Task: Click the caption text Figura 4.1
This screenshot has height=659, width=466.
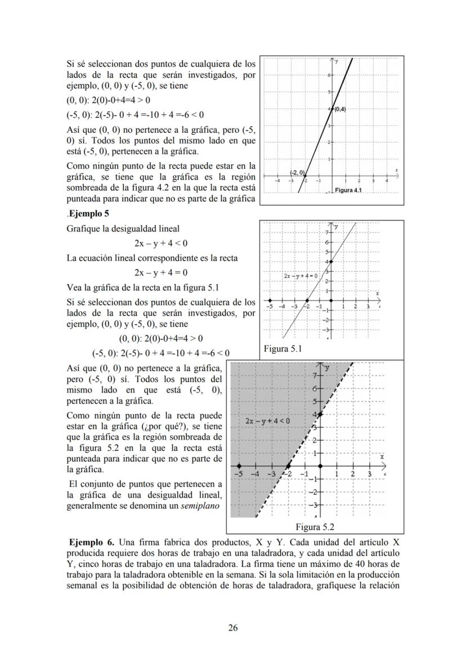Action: [347, 190]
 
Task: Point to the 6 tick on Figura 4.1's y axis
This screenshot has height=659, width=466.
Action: [328, 75]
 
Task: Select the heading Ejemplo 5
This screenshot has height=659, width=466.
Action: [89, 213]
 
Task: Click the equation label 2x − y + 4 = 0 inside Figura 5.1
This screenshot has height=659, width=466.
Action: [301, 276]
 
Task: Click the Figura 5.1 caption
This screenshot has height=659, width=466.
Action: [283, 349]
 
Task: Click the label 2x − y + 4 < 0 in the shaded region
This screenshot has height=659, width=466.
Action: [267, 420]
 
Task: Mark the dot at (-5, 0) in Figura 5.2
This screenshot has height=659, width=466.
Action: [239, 466]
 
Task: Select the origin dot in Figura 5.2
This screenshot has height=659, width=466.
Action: [320, 466]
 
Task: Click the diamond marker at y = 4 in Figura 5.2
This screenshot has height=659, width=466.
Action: [320, 414]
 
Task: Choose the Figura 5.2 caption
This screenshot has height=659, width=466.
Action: [315, 527]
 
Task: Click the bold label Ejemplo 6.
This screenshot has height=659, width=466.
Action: [91, 543]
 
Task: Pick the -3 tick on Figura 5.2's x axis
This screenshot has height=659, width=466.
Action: [272, 474]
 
